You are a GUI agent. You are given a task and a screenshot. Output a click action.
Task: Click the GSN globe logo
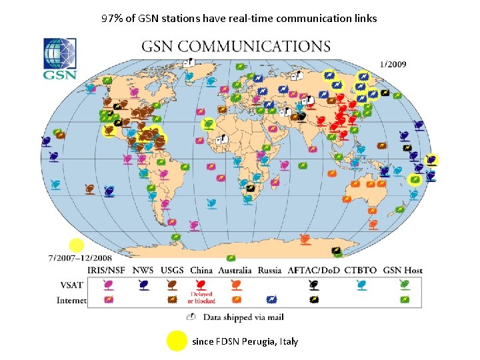60,58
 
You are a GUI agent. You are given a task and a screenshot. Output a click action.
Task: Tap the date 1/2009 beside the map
393,65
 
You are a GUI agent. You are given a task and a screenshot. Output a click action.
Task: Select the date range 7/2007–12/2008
79,257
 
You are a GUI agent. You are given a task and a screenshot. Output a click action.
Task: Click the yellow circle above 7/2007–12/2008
77,245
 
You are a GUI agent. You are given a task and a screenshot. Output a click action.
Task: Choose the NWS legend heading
143,270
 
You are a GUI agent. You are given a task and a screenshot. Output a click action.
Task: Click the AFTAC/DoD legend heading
314,270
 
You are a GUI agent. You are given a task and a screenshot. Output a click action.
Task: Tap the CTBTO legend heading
361,270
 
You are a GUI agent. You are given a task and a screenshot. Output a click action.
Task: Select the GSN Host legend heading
403,270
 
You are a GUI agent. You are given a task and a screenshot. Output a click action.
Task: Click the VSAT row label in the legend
71,285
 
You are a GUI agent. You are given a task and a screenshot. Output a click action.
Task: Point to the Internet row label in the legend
71,301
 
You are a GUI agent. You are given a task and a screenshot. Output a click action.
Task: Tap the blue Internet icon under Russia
271,300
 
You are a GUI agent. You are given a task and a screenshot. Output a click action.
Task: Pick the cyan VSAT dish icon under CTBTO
361,285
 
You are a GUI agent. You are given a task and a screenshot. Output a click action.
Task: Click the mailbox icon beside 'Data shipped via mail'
191,317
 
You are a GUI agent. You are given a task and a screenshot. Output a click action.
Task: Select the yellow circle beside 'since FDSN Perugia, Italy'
177,341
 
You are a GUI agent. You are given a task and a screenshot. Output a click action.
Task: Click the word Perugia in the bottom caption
261,341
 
